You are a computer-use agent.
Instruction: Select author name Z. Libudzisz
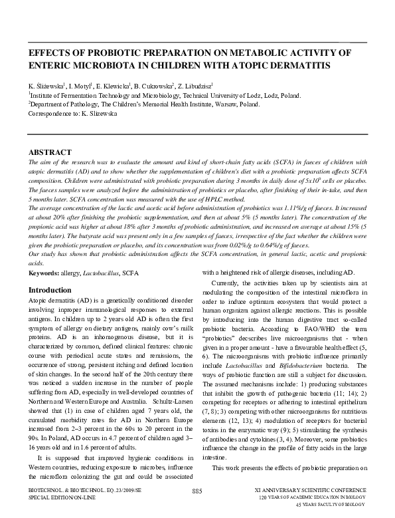tap(193, 86)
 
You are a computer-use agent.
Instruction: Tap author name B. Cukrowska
tap(152, 86)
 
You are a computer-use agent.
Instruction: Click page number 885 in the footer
tap(197, 491)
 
